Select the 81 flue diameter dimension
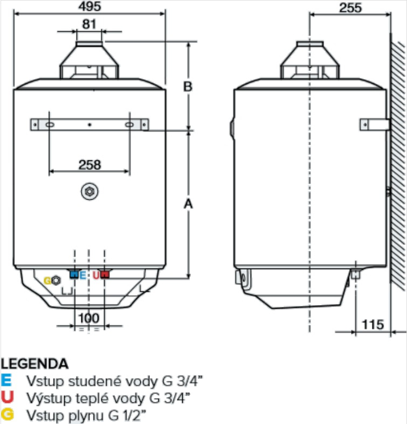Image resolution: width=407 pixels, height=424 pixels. point(89,24)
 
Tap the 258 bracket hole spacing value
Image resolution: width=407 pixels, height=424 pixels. point(89,165)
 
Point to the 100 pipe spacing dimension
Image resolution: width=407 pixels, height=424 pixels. point(88,318)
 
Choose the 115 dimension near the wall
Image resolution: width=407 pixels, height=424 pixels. point(373,324)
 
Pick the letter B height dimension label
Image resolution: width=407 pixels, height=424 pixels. point(187,87)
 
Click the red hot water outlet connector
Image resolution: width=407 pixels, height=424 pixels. point(105,275)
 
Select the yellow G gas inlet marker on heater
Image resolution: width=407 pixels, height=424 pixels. point(47,280)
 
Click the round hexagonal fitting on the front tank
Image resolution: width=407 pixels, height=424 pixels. point(89,192)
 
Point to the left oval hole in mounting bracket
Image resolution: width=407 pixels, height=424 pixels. point(48,125)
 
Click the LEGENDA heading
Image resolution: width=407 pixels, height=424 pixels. point(34,364)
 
